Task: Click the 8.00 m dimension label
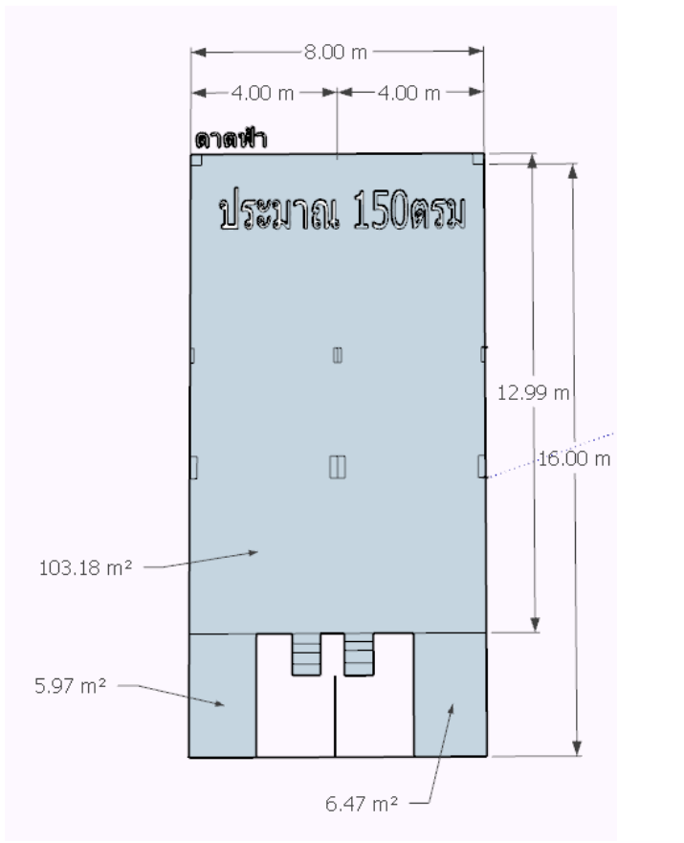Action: [336, 53]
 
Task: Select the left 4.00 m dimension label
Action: [263, 94]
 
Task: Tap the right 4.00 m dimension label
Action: [408, 94]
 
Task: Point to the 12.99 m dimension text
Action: [533, 393]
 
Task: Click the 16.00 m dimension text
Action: [574, 458]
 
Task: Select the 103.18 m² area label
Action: [85, 567]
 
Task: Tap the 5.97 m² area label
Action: [71, 685]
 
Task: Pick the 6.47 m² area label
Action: [362, 804]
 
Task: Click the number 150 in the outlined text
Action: [381, 211]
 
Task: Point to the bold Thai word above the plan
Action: [231, 140]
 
